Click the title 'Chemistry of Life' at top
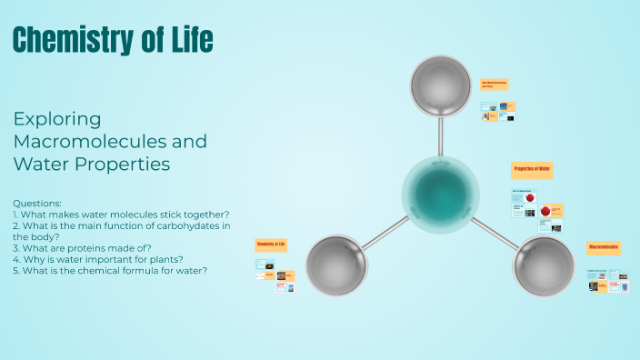(x=114, y=39)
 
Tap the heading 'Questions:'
(x=38, y=203)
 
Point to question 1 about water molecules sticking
(x=122, y=215)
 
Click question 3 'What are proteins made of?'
(x=82, y=248)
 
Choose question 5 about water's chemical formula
(x=110, y=270)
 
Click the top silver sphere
(x=440, y=86)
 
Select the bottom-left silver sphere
(x=336, y=266)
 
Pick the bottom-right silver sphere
(x=544, y=266)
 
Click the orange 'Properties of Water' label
(x=532, y=170)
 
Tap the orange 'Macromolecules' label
(x=604, y=247)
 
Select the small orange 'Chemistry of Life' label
(x=271, y=245)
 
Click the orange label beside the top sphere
(x=494, y=85)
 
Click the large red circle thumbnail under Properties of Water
(x=545, y=211)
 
